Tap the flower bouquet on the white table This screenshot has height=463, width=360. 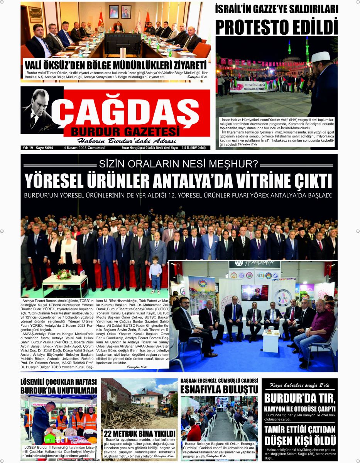(64, 274)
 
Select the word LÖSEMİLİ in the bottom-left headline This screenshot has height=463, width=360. (37, 382)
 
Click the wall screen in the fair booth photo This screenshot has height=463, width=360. (255, 292)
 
